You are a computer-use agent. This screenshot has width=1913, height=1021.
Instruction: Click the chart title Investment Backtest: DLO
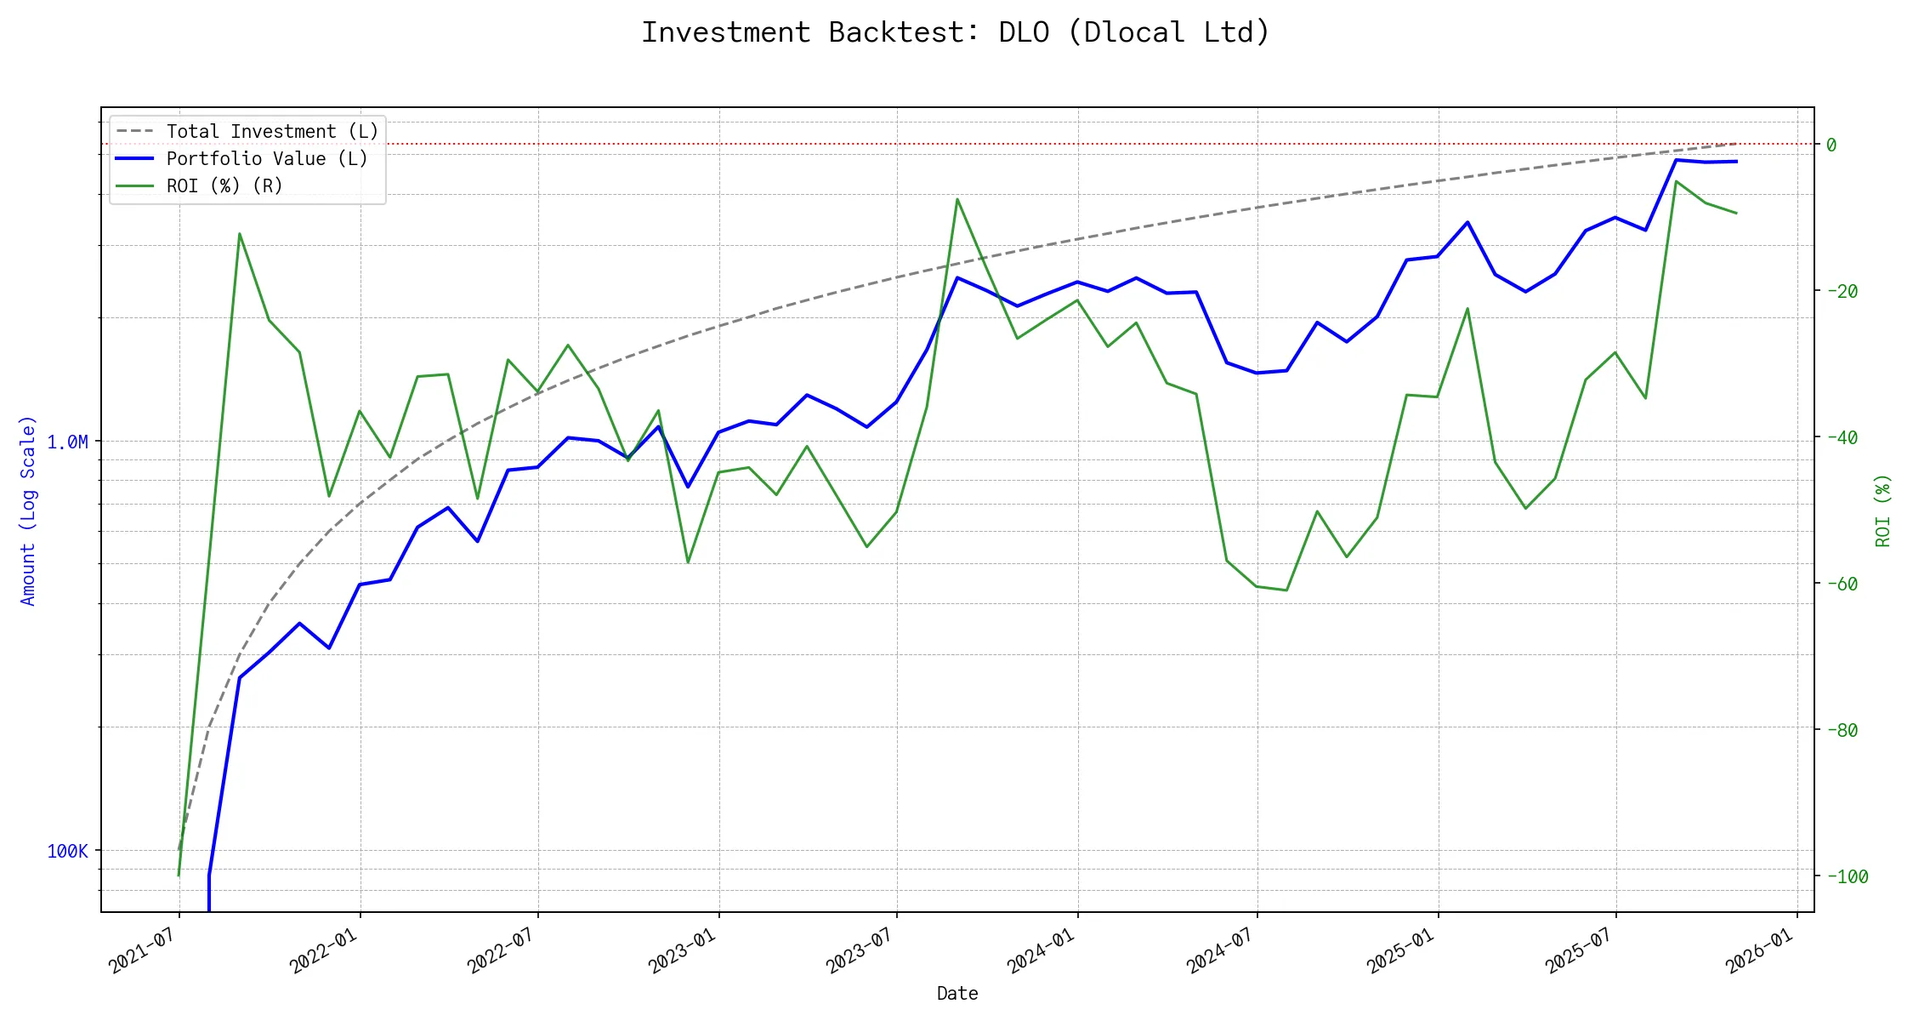point(956,32)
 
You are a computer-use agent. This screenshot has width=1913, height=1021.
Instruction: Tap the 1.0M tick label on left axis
point(67,442)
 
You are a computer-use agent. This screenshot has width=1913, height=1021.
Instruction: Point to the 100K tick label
point(67,852)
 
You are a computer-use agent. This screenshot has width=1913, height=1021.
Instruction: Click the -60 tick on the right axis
point(1842,584)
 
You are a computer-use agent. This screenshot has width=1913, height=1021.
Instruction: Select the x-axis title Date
point(957,994)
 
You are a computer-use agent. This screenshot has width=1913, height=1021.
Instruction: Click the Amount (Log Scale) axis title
point(28,510)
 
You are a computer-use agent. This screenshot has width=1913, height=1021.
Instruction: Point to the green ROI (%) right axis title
point(1883,510)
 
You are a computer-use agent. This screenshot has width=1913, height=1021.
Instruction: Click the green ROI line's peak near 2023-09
point(957,199)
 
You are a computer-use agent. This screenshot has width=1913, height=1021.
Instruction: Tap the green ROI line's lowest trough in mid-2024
point(1286,590)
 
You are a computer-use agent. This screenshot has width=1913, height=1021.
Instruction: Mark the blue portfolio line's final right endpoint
point(1736,161)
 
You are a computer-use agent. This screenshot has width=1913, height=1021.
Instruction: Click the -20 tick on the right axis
point(1842,291)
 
